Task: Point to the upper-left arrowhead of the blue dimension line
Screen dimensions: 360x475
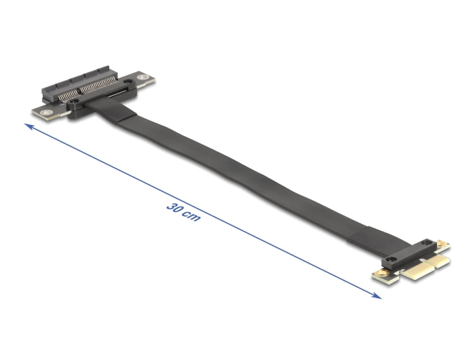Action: pyautogui.click(x=28, y=126)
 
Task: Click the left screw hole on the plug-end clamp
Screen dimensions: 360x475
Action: pyautogui.click(x=391, y=259)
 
